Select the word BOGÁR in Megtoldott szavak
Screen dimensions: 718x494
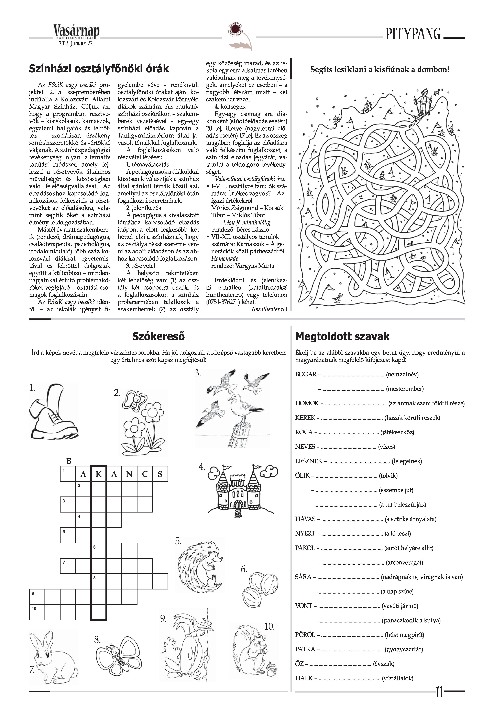(x=306, y=374)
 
